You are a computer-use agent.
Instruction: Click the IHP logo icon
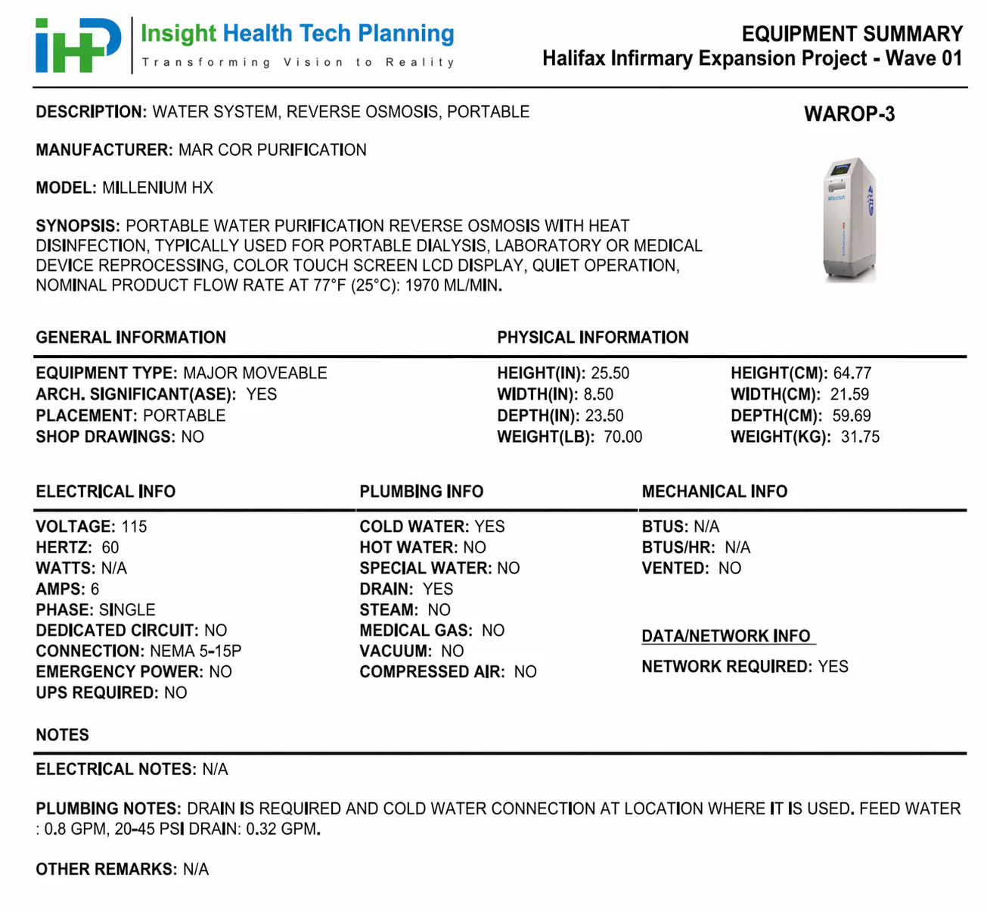point(78,45)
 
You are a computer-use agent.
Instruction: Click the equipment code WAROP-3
point(849,114)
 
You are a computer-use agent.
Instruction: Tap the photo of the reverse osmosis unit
point(849,219)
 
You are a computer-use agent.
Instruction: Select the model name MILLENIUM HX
point(157,188)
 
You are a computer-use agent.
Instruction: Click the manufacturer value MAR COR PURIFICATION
point(272,150)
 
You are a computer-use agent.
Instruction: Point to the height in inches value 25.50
point(610,373)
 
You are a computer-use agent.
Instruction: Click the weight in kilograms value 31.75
point(860,437)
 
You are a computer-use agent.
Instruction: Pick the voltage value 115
point(134,527)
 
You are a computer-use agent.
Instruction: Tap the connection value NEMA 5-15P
point(195,651)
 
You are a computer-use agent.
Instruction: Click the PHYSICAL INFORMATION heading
point(592,338)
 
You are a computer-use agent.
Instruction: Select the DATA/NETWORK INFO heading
point(725,636)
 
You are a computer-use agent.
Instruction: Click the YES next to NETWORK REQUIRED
point(833,667)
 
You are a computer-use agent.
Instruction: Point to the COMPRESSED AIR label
point(432,672)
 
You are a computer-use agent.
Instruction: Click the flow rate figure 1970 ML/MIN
point(453,285)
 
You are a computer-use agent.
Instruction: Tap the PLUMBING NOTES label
point(108,808)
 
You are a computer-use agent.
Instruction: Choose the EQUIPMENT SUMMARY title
point(852,34)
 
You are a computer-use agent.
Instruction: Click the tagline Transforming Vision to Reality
point(298,62)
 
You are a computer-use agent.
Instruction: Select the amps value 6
point(95,589)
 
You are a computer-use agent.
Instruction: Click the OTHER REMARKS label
point(105,869)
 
